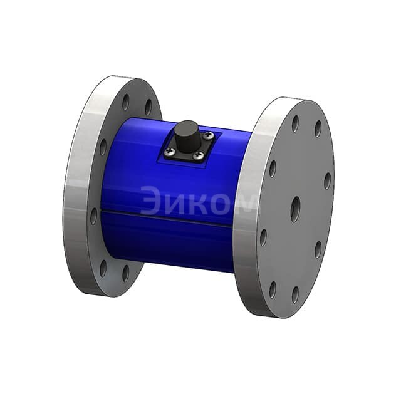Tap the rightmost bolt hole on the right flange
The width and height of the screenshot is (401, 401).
[x=327, y=181]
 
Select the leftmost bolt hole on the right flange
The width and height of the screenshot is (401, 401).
[x=264, y=237]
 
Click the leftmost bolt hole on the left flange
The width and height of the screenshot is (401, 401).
[x=93, y=216]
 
